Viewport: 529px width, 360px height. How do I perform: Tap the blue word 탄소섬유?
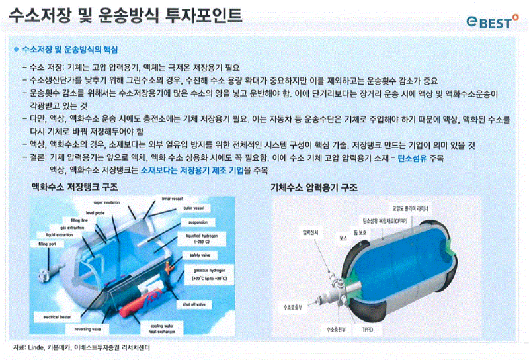(x=415, y=159)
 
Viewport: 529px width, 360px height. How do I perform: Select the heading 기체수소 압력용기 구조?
(x=314, y=187)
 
